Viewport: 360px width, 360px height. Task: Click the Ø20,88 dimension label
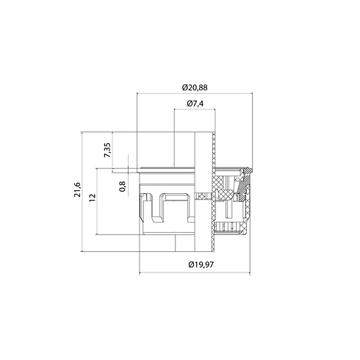tap(195, 87)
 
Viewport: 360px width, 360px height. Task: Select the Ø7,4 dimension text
tap(195, 104)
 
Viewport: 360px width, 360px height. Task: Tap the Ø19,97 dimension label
tap(201, 264)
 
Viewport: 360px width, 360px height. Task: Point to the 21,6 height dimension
tap(78, 190)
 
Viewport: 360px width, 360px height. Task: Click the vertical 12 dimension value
tap(93, 198)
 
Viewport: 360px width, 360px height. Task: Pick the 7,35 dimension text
tap(107, 150)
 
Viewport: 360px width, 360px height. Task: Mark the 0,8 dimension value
tap(122, 187)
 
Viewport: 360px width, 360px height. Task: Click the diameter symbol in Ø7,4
tap(190, 104)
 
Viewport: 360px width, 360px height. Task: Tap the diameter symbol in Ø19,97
tap(191, 264)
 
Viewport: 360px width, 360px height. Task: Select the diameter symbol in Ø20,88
tap(185, 87)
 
